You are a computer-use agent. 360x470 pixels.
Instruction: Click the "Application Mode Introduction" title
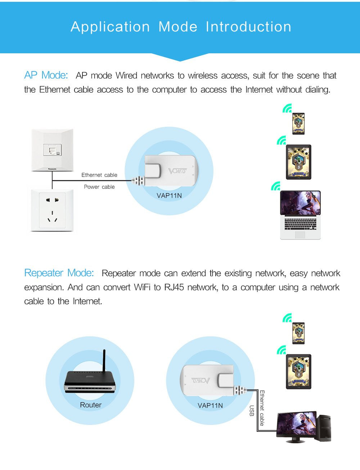(181, 27)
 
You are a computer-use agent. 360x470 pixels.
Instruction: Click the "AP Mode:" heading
(46, 75)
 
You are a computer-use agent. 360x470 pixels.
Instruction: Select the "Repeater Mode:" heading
(59, 273)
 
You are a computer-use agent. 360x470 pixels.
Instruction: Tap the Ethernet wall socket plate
(52, 149)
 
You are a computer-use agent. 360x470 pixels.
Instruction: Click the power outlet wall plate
(52, 210)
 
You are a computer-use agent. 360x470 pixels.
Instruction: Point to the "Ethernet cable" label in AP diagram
(99, 175)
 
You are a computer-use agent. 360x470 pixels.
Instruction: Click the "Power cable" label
(99, 187)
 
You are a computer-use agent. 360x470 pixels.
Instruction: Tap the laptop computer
(300, 215)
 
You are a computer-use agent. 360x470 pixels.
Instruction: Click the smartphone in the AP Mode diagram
(298, 124)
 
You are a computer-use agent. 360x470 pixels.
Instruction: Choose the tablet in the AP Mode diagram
(298, 162)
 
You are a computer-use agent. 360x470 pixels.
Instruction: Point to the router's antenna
(104, 362)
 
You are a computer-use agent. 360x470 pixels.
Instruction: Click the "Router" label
(91, 405)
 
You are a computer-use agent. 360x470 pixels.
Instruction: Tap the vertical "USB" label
(252, 411)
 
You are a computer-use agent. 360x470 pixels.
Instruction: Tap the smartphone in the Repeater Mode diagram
(298, 333)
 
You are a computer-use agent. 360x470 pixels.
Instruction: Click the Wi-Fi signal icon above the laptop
(276, 186)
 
